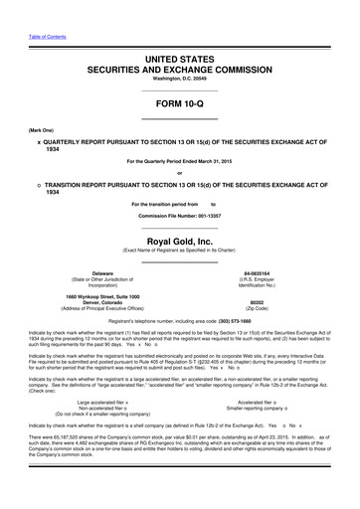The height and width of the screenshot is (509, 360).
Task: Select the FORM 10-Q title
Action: point(180,105)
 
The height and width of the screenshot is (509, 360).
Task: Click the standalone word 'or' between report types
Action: point(180,166)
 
